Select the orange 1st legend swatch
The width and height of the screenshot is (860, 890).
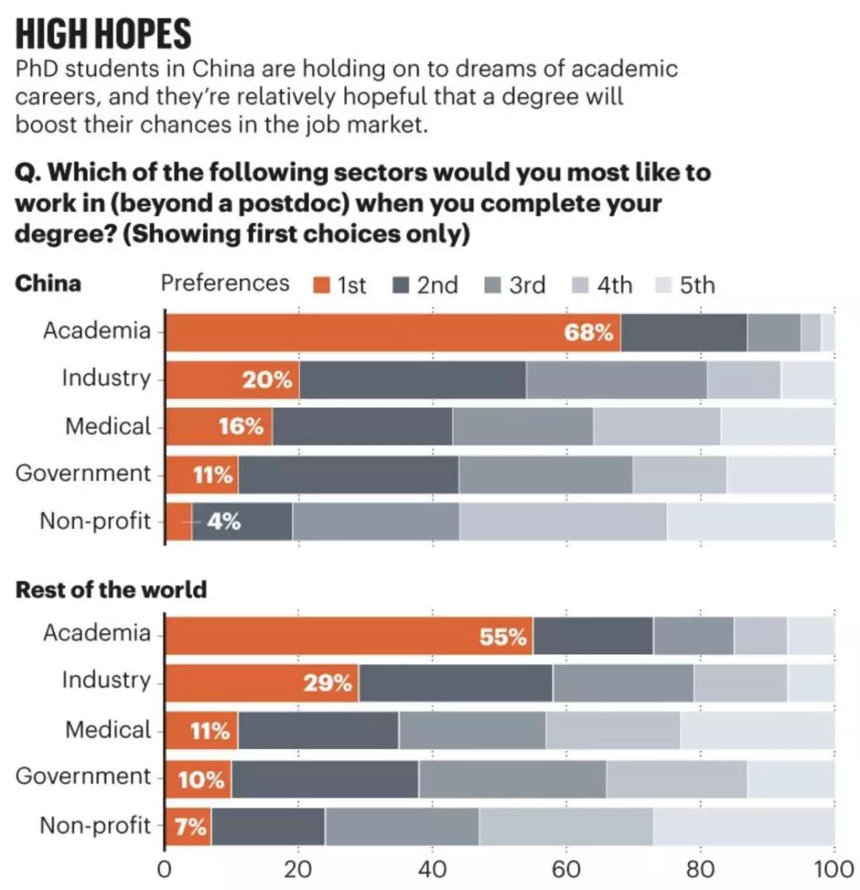click(321, 285)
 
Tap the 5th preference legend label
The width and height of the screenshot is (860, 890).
click(698, 285)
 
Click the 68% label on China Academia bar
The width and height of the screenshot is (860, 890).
click(589, 333)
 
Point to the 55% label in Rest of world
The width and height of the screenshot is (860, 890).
click(502, 637)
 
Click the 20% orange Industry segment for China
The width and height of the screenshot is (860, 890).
click(233, 380)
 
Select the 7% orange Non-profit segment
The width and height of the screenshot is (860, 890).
click(189, 826)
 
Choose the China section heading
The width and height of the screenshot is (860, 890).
click(48, 284)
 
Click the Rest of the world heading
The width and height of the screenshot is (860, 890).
click(111, 590)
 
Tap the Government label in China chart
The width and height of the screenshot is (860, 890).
click(83, 473)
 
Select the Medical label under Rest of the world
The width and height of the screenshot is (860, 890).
click(107, 729)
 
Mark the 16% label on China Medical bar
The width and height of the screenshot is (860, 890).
click(240, 427)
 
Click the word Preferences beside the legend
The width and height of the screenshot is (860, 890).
click(225, 284)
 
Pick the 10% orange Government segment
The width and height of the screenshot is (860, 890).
click(198, 779)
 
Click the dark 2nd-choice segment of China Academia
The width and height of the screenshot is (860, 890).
click(683, 332)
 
